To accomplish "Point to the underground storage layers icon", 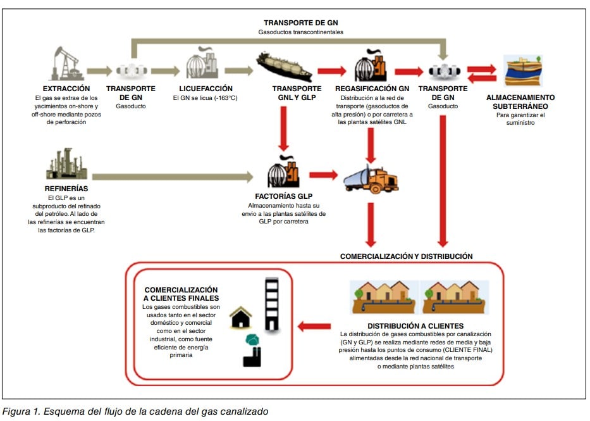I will [523, 70].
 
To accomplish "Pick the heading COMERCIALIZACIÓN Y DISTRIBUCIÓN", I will [406, 256].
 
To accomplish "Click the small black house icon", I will [241, 317].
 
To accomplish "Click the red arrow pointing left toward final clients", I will [314, 327].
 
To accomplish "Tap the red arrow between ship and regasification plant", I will [333, 71].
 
